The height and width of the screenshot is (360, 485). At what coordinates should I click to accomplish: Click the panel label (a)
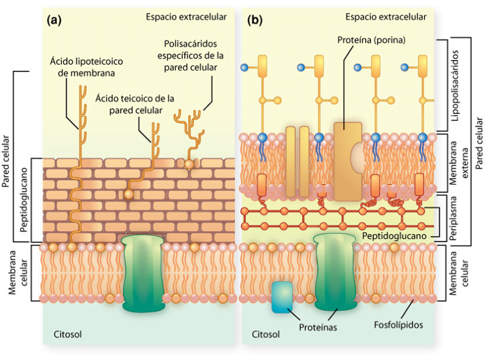click(x=55, y=20)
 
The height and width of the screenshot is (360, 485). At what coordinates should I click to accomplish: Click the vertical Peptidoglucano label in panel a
click(x=23, y=200)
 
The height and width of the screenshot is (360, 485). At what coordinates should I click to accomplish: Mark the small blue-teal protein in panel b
click(x=282, y=296)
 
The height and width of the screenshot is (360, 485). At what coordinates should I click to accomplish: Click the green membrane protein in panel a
click(x=144, y=272)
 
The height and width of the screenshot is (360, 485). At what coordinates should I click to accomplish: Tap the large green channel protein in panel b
click(x=334, y=270)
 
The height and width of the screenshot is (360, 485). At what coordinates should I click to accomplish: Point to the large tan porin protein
click(x=348, y=161)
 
